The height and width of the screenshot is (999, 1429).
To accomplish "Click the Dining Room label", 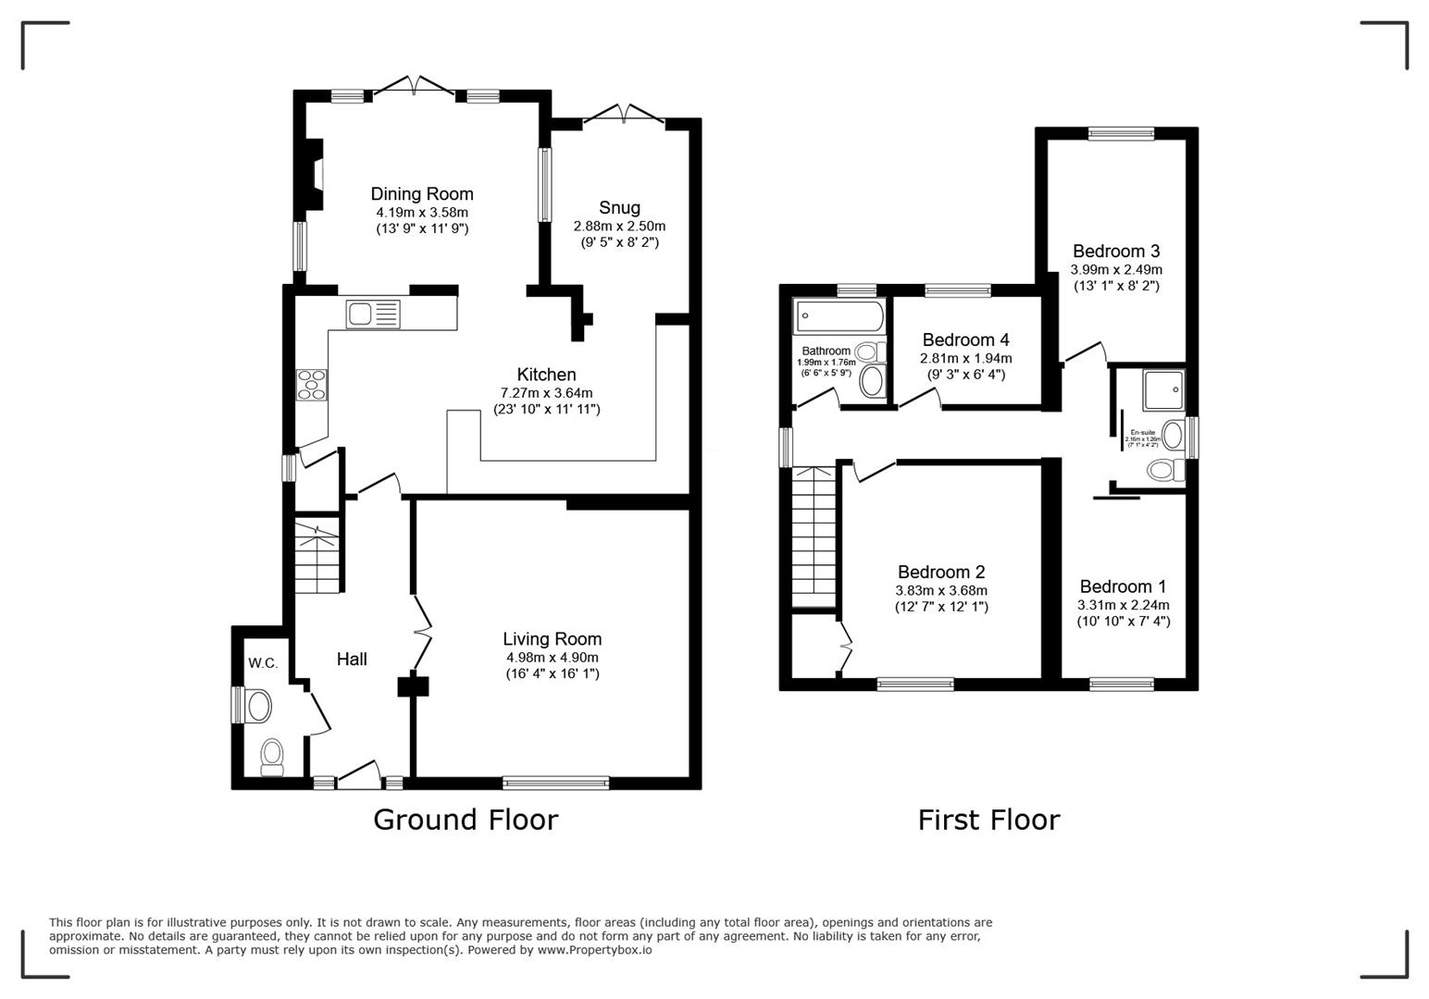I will [422, 194].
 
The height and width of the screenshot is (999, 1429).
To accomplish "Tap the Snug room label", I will [619, 208].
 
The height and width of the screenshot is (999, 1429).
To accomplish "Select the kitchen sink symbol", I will [373, 314].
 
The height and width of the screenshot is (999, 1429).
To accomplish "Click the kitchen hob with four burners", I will [311, 384].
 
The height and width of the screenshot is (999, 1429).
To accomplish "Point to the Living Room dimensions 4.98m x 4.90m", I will [552, 658].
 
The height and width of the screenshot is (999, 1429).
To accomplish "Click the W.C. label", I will [263, 662].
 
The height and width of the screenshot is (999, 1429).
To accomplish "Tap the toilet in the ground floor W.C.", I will [272, 756].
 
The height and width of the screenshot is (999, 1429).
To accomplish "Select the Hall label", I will [352, 659].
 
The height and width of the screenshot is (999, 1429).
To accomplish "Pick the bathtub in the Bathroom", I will [839, 316].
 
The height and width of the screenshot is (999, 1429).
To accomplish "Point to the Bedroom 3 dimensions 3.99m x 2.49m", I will [1116, 269].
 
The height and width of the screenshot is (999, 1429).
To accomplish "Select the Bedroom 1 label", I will [1123, 586].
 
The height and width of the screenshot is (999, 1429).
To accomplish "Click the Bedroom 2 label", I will [941, 572].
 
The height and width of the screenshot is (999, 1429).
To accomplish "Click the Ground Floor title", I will [466, 820].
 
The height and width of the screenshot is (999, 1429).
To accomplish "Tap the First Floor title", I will [988, 820].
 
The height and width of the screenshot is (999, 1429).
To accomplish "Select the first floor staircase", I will [814, 536].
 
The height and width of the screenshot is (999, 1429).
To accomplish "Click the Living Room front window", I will [556, 783].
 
